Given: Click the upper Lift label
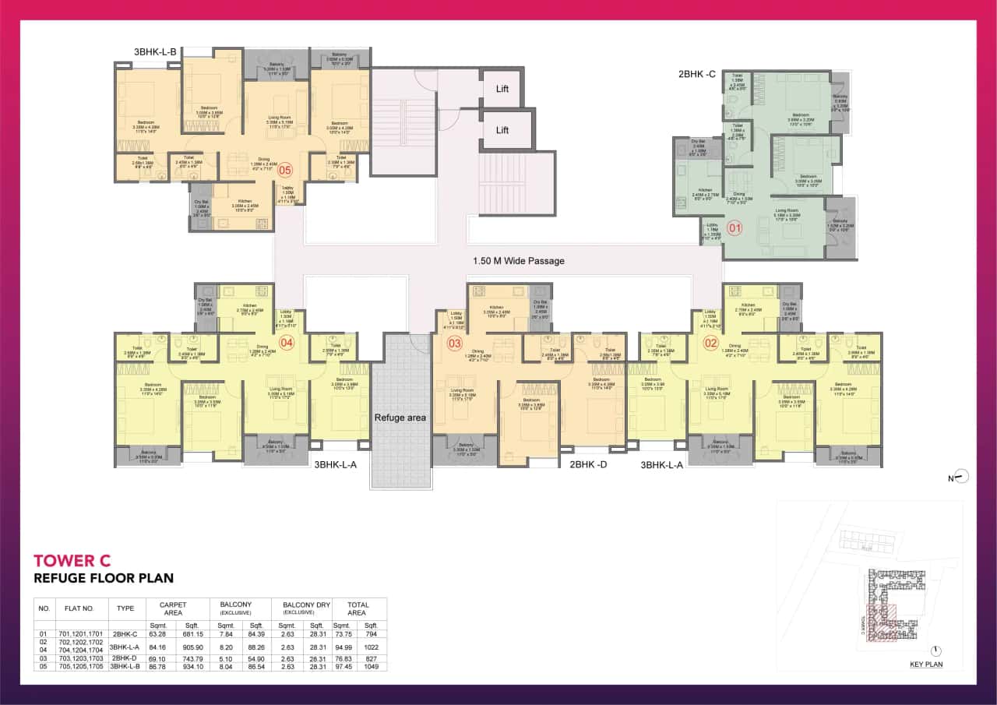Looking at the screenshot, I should [x=502, y=89].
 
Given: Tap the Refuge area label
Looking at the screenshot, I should [x=400, y=418].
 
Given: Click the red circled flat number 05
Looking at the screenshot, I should [x=284, y=169].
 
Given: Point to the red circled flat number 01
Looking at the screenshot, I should [x=734, y=228].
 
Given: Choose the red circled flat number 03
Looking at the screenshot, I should [x=454, y=344].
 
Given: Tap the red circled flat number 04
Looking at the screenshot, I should [x=286, y=342].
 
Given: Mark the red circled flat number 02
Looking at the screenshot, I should [x=710, y=343].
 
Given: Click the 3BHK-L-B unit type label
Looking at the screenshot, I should [x=156, y=52].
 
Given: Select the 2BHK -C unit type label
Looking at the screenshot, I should [x=696, y=75].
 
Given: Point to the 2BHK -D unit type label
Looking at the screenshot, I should [x=588, y=465].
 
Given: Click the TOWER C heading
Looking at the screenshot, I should [x=72, y=560].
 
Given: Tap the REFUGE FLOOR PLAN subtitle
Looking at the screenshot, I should [x=104, y=578].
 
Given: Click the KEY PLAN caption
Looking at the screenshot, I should [x=926, y=664].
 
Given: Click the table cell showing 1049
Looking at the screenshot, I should [x=371, y=667].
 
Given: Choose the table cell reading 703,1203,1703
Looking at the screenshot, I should [x=79, y=658].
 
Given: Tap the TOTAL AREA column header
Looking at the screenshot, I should [x=358, y=608].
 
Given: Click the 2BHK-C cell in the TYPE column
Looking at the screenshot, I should [x=125, y=634].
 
